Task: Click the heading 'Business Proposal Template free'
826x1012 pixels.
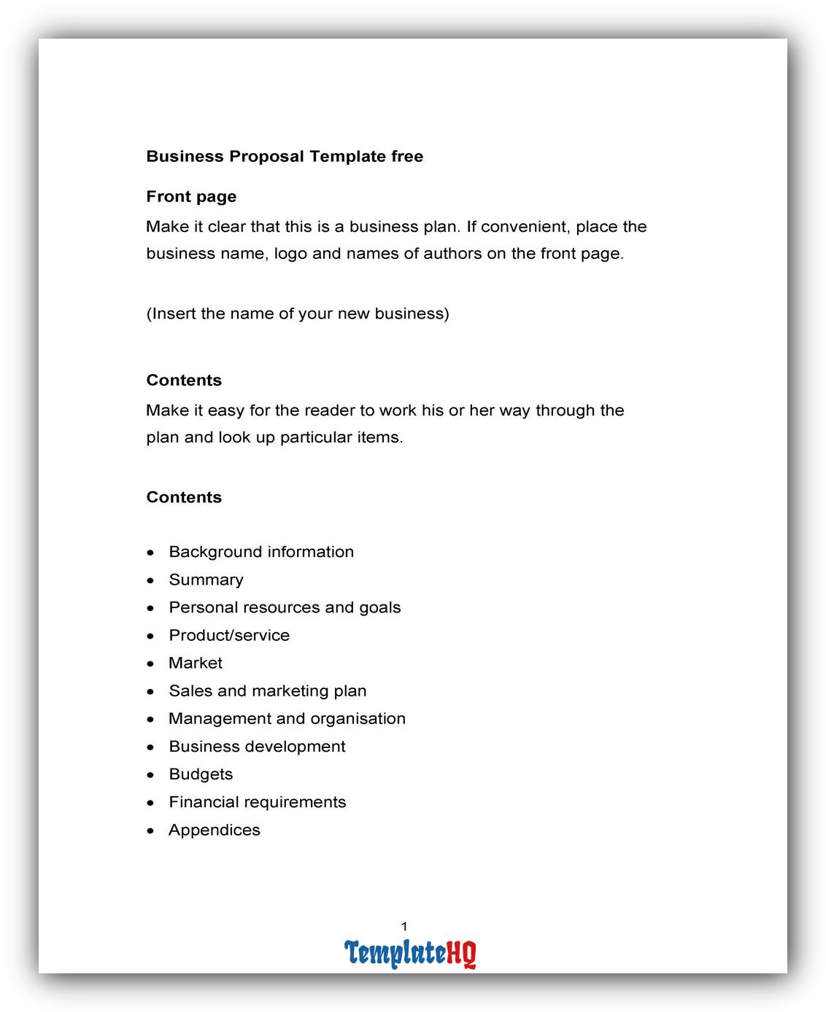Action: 285,156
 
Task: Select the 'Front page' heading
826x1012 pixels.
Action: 191,196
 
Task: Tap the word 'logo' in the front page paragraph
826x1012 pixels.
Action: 290,254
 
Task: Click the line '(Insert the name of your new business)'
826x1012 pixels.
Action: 298,314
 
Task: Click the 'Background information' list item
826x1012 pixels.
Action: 261,552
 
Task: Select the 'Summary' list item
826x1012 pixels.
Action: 206,580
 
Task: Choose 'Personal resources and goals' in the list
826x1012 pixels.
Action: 285,607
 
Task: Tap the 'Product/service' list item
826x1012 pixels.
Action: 229,635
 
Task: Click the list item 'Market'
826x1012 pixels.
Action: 196,663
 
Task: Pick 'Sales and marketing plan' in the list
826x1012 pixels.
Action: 268,690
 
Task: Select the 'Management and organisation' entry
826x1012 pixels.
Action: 287,718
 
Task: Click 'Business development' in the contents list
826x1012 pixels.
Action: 257,747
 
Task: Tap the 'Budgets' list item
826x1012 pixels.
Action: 201,774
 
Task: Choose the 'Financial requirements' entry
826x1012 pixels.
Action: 258,802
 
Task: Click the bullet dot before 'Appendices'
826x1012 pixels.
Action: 151,831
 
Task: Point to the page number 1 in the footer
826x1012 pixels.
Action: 404,927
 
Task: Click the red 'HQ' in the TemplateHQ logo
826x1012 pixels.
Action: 461,953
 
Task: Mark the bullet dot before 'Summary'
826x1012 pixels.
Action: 151,581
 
